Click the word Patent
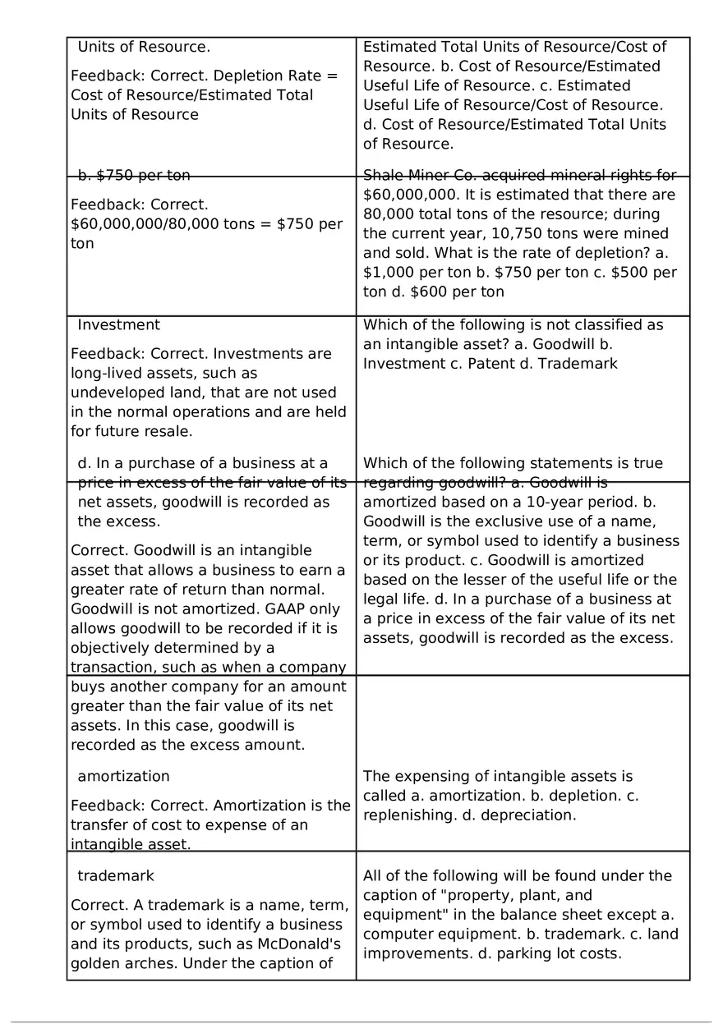[490, 363]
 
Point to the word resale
[166, 431]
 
